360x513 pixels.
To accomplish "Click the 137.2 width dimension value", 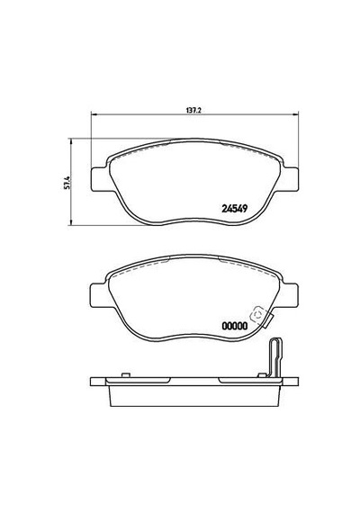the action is click(193, 111).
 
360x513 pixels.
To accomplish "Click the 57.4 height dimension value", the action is click(67, 183).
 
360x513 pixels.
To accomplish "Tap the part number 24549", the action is click(234, 209).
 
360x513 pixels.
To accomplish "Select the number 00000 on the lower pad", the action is click(235, 326).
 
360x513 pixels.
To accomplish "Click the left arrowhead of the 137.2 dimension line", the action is click(93, 114).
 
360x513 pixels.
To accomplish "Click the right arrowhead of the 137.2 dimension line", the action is click(296, 114).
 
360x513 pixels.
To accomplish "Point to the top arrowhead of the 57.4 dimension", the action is click(71, 141).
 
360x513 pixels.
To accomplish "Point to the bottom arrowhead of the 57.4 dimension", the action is click(71, 221).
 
